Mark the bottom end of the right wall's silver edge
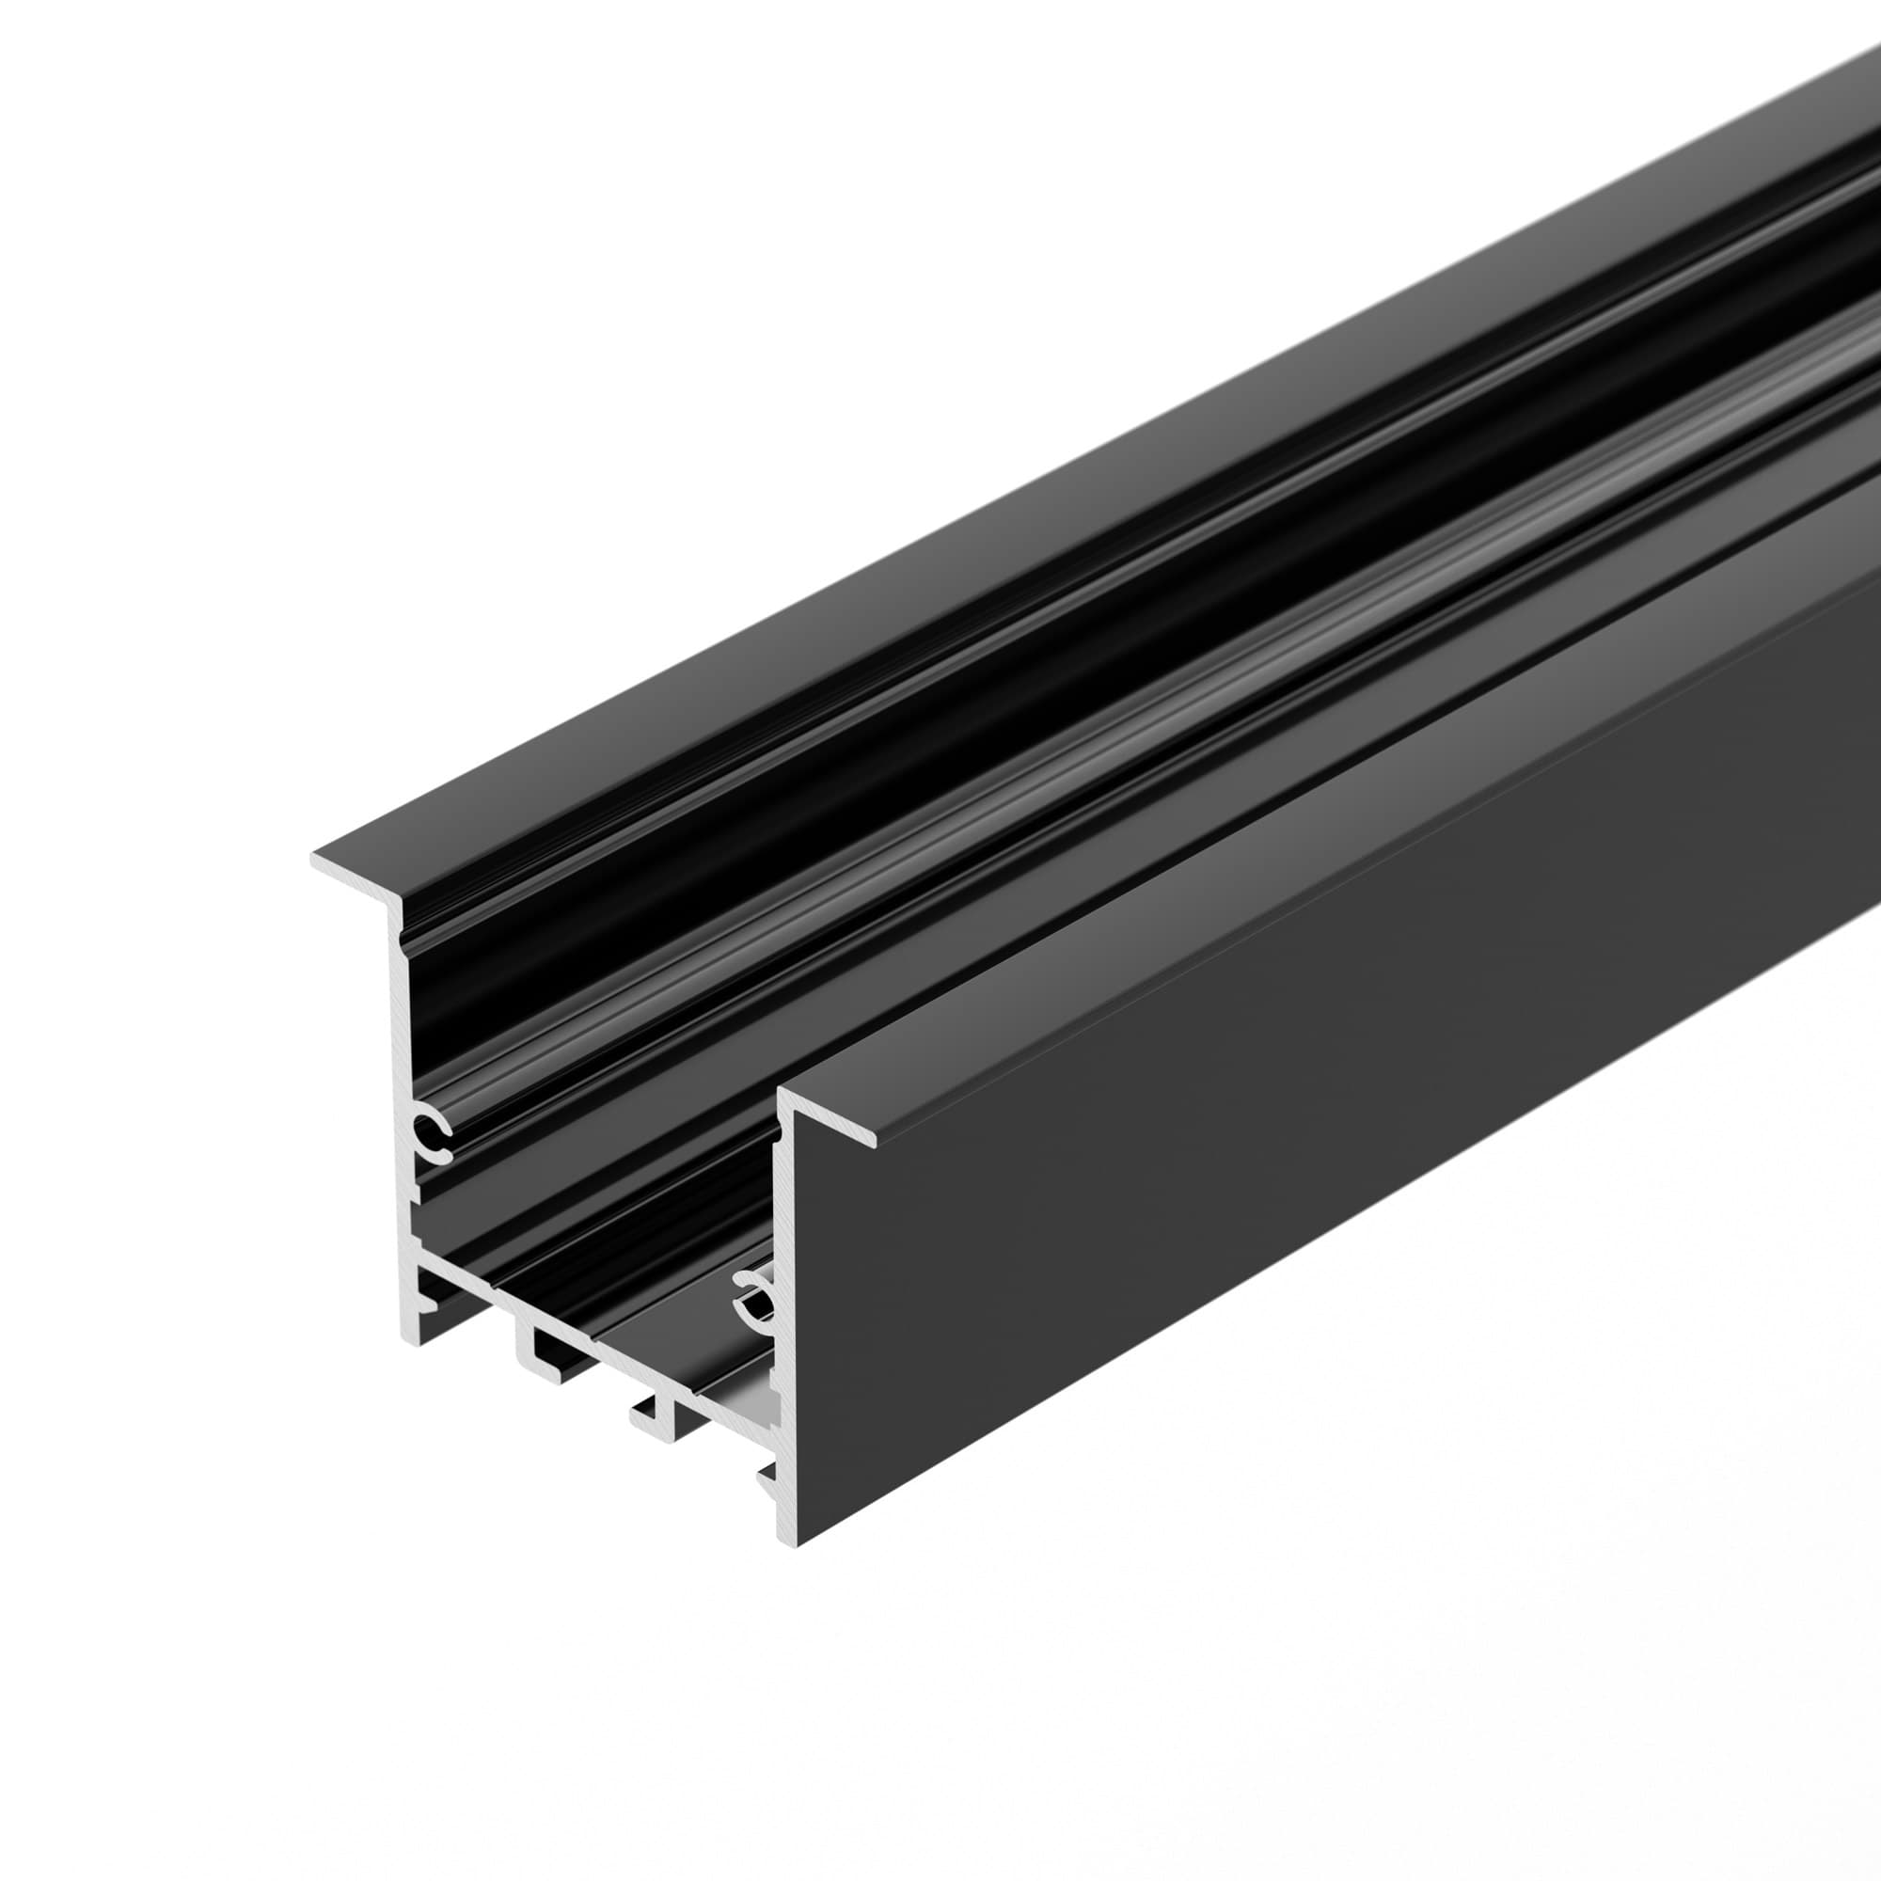coord(786,1565)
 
